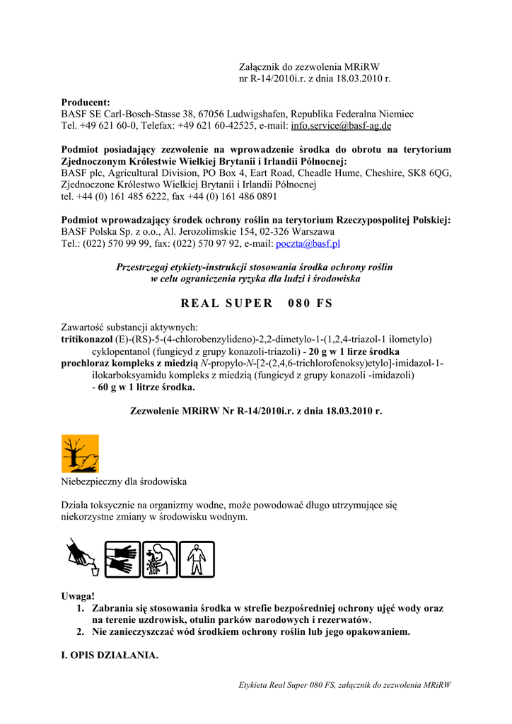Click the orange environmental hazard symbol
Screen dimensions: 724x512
[x=80, y=453]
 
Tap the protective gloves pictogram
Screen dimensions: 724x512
[x=122, y=559]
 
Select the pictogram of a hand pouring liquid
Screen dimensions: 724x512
[x=83, y=558]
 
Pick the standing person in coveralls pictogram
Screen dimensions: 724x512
[x=197, y=559]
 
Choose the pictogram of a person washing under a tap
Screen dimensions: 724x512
[x=160, y=559]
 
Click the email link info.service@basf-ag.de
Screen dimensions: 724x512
[x=341, y=125]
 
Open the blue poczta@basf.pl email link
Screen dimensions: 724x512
[x=308, y=243]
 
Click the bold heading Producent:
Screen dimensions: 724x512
[x=86, y=102]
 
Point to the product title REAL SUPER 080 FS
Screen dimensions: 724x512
[x=256, y=303]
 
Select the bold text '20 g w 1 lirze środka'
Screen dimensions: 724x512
[x=354, y=351]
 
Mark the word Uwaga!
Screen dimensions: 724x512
[x=78, y=596]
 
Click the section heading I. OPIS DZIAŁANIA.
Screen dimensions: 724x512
[x=110, y=655]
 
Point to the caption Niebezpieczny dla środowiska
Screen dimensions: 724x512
[x=124, y=481]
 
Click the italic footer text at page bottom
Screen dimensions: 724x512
[x=345, y=684]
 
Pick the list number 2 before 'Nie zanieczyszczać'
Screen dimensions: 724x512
[x=81, y=632]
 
